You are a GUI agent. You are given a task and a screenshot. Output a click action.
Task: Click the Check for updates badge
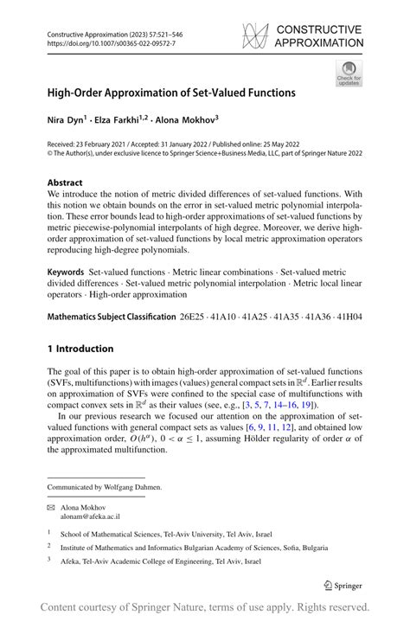[x=349, y=74]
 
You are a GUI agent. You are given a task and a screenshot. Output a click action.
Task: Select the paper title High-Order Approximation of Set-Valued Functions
[x=171, y=92]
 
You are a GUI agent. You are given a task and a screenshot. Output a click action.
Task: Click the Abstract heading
[x=65, y=183]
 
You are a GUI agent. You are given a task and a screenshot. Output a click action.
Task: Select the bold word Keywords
[x=66, y=272]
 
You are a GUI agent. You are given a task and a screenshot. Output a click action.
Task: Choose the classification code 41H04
[x=348, y=317]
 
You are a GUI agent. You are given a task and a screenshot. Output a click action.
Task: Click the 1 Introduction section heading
[x=80, y=349]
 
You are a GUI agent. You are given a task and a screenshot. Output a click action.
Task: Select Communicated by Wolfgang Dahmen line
[x=103, y=487]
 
